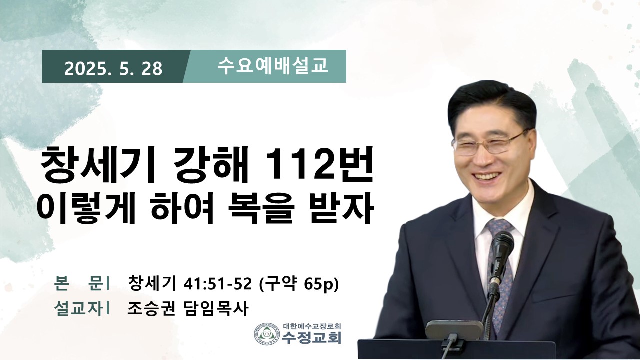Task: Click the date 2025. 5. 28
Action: tap(113, 69)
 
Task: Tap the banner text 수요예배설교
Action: tap(272, 66)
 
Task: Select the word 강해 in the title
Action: tap(211, 165)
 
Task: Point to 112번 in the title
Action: tap(319, 165)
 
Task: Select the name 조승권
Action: tap(151, 309)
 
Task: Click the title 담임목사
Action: tap(215, 309)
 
